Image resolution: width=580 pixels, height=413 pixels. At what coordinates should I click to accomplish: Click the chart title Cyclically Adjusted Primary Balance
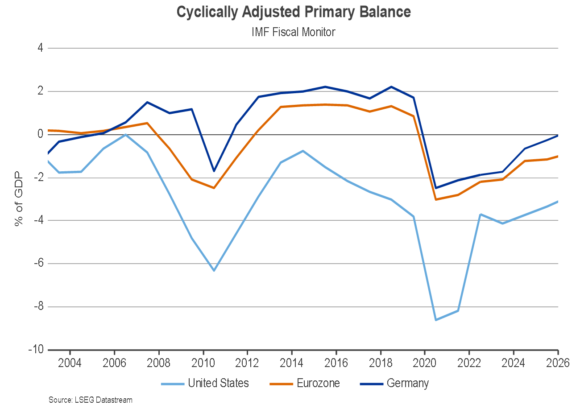294,12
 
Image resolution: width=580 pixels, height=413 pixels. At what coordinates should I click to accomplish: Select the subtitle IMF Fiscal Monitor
294,32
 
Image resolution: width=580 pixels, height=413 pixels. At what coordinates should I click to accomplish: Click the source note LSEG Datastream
91,400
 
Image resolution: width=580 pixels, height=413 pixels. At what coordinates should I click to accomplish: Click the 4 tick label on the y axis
40,48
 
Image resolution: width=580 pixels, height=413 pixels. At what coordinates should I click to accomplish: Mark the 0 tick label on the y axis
40,134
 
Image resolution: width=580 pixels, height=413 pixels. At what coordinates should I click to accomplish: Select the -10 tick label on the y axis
35,350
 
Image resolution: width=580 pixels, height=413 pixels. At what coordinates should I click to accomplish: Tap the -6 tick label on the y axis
37,263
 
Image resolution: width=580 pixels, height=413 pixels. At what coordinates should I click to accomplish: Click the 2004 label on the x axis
70,363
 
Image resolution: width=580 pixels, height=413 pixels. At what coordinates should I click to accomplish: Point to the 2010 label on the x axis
203,363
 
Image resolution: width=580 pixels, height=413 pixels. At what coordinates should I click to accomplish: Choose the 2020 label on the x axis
425,363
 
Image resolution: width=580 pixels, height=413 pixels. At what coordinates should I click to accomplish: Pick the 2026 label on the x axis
558,363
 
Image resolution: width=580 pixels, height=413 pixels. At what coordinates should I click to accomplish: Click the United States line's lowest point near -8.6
436,320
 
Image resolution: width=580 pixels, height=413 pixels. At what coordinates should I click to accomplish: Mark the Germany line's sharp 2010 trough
214,171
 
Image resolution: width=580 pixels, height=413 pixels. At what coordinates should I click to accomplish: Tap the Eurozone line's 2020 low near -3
436,199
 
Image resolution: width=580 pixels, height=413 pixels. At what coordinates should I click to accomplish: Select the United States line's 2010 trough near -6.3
214,271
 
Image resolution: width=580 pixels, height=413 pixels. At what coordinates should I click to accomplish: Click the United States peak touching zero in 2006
125,134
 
